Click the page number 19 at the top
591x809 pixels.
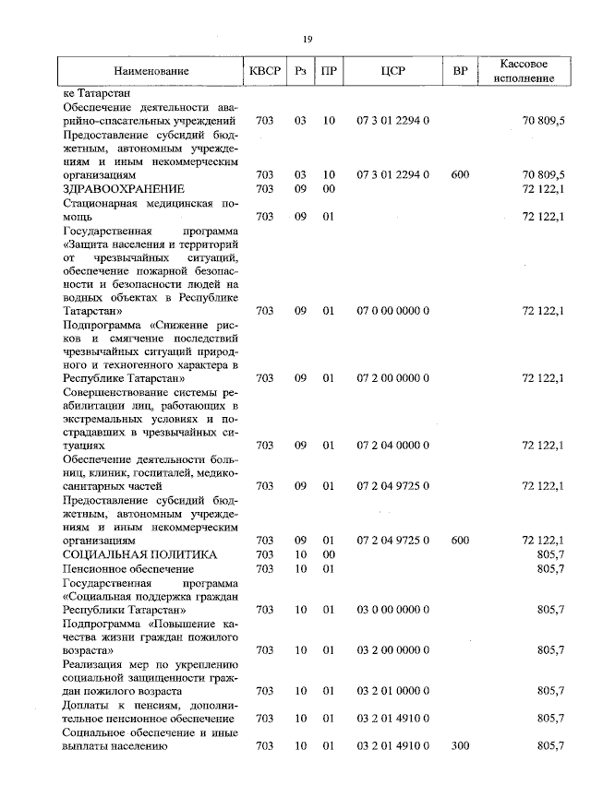point(308,38)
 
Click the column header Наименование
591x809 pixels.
point(151,71)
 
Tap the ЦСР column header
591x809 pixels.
point(393,71)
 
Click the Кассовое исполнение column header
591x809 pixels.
point(524,71)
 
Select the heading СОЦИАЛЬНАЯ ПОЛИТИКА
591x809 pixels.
point(139,554)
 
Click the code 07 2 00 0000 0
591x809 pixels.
point(393,377)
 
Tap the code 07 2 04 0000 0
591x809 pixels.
point(393,445)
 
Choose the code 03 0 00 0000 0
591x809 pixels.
point(393,610)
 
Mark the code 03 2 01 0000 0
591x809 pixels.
point(393,690)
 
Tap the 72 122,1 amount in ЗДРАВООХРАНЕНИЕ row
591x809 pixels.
point(543,188)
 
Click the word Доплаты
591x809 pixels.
point(86,705)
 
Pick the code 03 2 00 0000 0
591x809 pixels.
point(393,649)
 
